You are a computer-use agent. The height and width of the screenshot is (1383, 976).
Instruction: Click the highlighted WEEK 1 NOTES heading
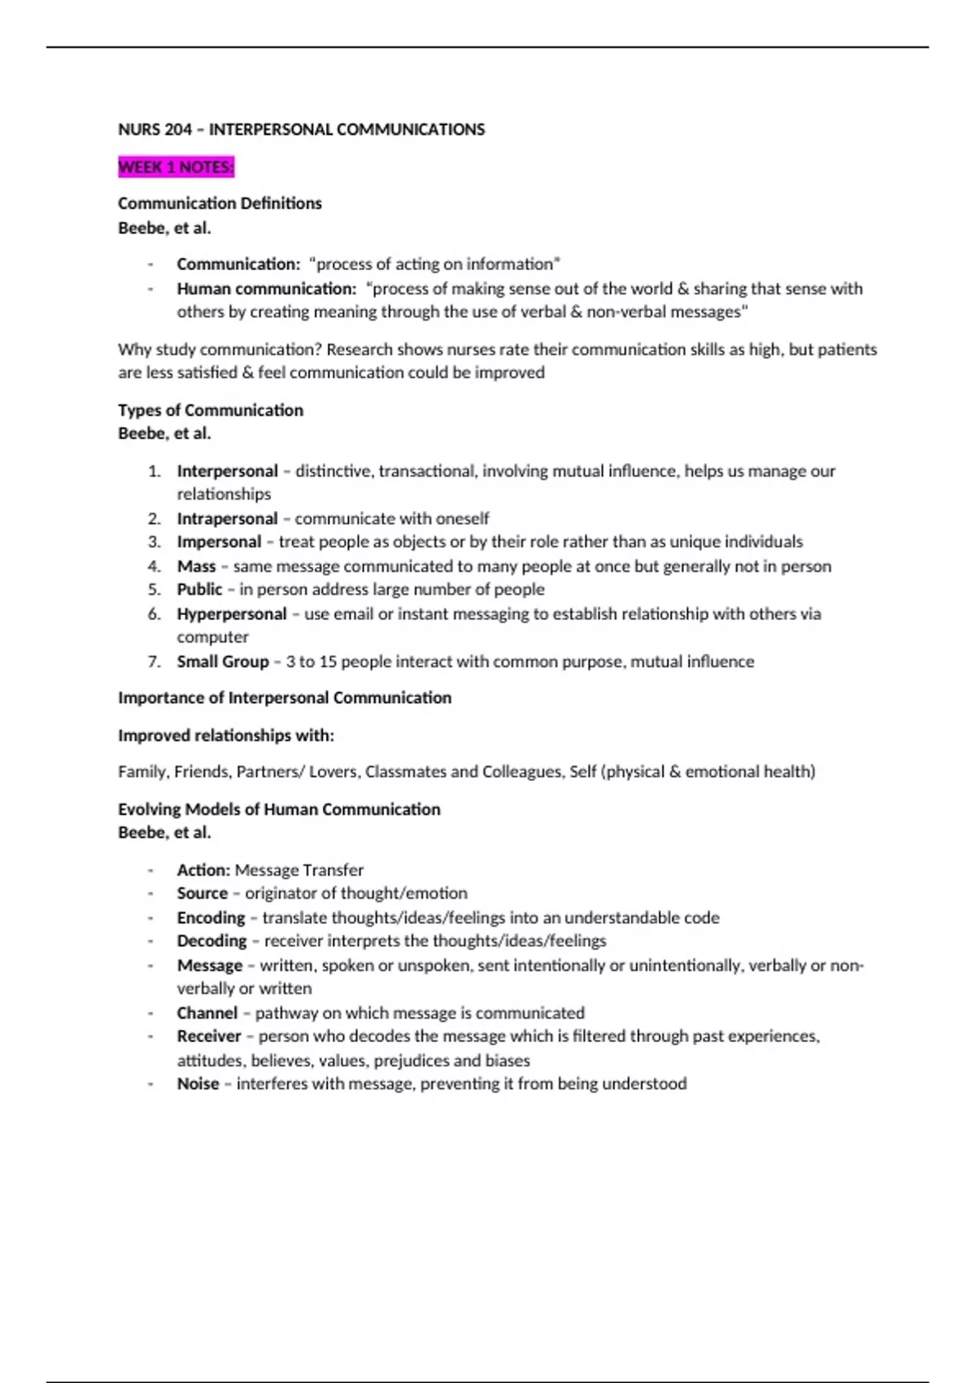coord(176,167)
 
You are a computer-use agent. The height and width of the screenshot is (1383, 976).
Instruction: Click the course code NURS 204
coord(155,129)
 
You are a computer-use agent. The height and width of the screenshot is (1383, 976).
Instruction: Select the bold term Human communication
coord(266,289)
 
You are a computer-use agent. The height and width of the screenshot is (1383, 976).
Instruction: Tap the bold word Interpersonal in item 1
coord(227,471)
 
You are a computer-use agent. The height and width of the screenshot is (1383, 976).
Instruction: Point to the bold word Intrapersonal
coord(227,518)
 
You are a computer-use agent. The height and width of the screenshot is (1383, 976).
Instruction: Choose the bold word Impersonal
coord(219,542)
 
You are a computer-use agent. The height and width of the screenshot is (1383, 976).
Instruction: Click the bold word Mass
coord(196,566)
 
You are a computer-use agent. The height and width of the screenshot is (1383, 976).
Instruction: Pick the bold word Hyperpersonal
coord(232,613)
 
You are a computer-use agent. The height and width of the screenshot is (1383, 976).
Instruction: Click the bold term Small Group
coord(222,661)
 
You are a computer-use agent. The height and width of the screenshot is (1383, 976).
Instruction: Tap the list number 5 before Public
coord(154,589)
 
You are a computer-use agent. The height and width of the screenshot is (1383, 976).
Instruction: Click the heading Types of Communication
coord(210,410)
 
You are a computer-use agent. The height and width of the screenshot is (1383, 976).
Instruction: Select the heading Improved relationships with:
coord(225,735)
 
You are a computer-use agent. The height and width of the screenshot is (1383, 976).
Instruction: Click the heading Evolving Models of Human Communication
coord(279,809)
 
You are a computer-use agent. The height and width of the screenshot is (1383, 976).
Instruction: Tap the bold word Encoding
coord(211,918)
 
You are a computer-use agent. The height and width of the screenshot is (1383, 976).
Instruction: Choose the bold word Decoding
coord(211,941)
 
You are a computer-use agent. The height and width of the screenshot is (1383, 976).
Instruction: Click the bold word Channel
coord(207,1013)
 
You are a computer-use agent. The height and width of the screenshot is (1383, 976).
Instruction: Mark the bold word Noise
coord(198,1084)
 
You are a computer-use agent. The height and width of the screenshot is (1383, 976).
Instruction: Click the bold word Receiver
coord(209,1036)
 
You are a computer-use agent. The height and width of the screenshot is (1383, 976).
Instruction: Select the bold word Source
coord(202,893)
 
